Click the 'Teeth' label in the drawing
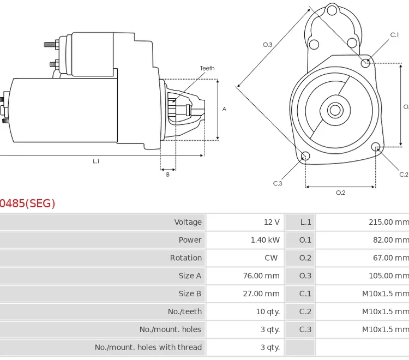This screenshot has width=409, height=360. [x=207, y=69]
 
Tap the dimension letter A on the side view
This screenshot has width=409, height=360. [x=224, y=109]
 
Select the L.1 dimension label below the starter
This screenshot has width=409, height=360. [x=96, y=161]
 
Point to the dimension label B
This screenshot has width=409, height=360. [x=167, y=175]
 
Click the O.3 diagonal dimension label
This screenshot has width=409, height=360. [x=267, y=45]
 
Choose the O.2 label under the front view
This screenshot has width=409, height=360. [x=340, y=193]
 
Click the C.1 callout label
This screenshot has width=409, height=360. [x=394, y=35]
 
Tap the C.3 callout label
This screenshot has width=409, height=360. [x=278, y=183]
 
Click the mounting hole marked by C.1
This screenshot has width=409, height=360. [x=366, y=63]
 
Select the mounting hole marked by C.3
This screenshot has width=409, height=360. [x=305, y=157]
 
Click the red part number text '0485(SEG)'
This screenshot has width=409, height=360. [x=27, y=203]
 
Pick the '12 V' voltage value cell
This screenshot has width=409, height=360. [x=272, y=222]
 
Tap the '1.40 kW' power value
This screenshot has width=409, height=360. [x=265, y=240]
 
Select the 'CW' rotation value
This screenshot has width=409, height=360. [x=271, y=258]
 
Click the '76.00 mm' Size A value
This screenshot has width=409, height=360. [x=261, y=276]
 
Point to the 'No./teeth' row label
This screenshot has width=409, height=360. [x=185, y=311]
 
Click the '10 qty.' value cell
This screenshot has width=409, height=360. [x=268, y=311]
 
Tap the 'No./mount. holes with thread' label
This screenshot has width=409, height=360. [x=148, y=347]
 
